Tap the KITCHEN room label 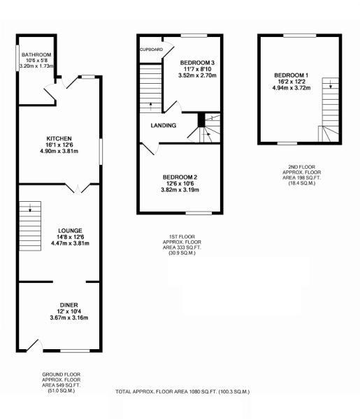click(59, 138)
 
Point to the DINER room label click(69, 304)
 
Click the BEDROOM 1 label click(290, 75)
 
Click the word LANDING click(162, 126)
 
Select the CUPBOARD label click(152, 50)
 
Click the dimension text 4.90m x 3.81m click(59, 152)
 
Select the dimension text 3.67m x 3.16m click(69, 318)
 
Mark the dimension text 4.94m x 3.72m click(290, 89)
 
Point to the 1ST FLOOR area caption click(180, 247)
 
